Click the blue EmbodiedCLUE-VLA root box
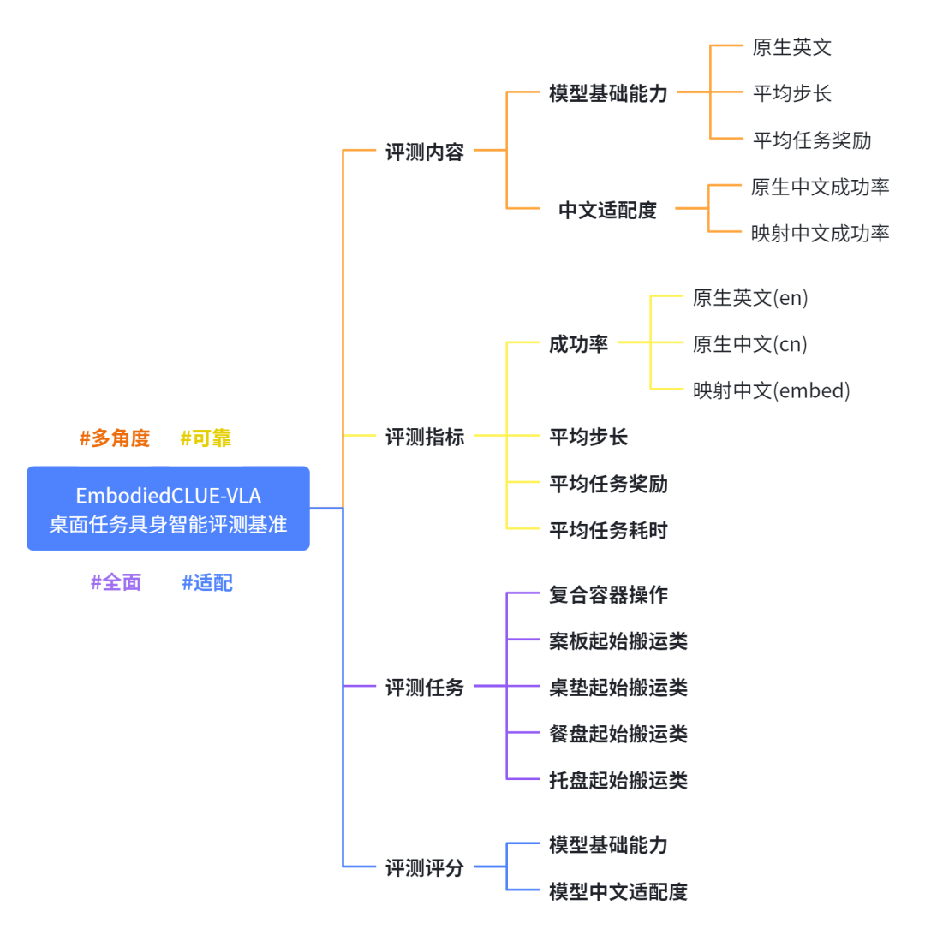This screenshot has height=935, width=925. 168,509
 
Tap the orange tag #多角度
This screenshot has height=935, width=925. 115,438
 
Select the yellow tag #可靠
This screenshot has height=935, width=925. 206,438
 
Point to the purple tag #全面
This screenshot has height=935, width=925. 116,582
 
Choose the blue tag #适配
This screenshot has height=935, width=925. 207,582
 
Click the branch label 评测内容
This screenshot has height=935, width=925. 425,152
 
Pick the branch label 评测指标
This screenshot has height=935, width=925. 425,437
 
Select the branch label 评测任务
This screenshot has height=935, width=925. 425,688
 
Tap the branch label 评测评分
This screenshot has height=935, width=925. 425,868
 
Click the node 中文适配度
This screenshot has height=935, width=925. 607,210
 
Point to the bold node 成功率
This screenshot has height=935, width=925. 579,344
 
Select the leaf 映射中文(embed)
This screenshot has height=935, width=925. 772,390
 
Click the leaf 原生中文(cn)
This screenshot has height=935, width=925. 750,344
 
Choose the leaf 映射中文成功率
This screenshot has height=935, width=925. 821,233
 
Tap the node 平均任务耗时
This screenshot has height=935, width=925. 608,531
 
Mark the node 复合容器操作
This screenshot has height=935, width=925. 608,594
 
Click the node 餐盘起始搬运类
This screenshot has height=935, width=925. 618,734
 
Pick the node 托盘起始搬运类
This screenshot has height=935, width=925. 618,780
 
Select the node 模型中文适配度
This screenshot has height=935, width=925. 618,891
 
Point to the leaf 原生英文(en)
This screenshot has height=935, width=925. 750,298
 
